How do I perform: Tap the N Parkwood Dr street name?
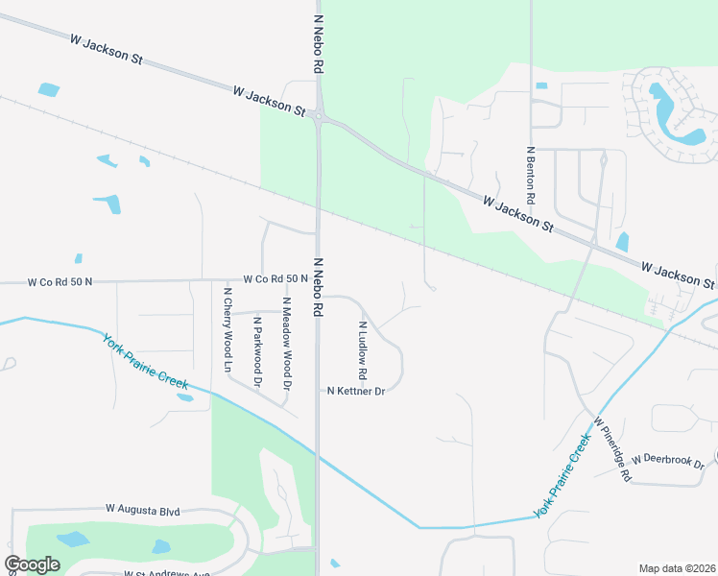pos(256,352)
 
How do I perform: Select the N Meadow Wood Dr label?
pos(285,344)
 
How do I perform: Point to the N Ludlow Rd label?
pos(363,349)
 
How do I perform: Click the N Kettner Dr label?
pos(355,392)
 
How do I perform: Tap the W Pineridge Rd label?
pos(611,449)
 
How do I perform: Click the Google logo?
pos(32,564)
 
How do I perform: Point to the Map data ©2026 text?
pos(677,568)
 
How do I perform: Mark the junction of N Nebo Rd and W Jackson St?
pos(320,116)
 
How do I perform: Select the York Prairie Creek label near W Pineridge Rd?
pos(562,476)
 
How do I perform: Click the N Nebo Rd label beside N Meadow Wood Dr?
pos(316,287)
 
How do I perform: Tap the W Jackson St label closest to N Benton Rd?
pos(519,215)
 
